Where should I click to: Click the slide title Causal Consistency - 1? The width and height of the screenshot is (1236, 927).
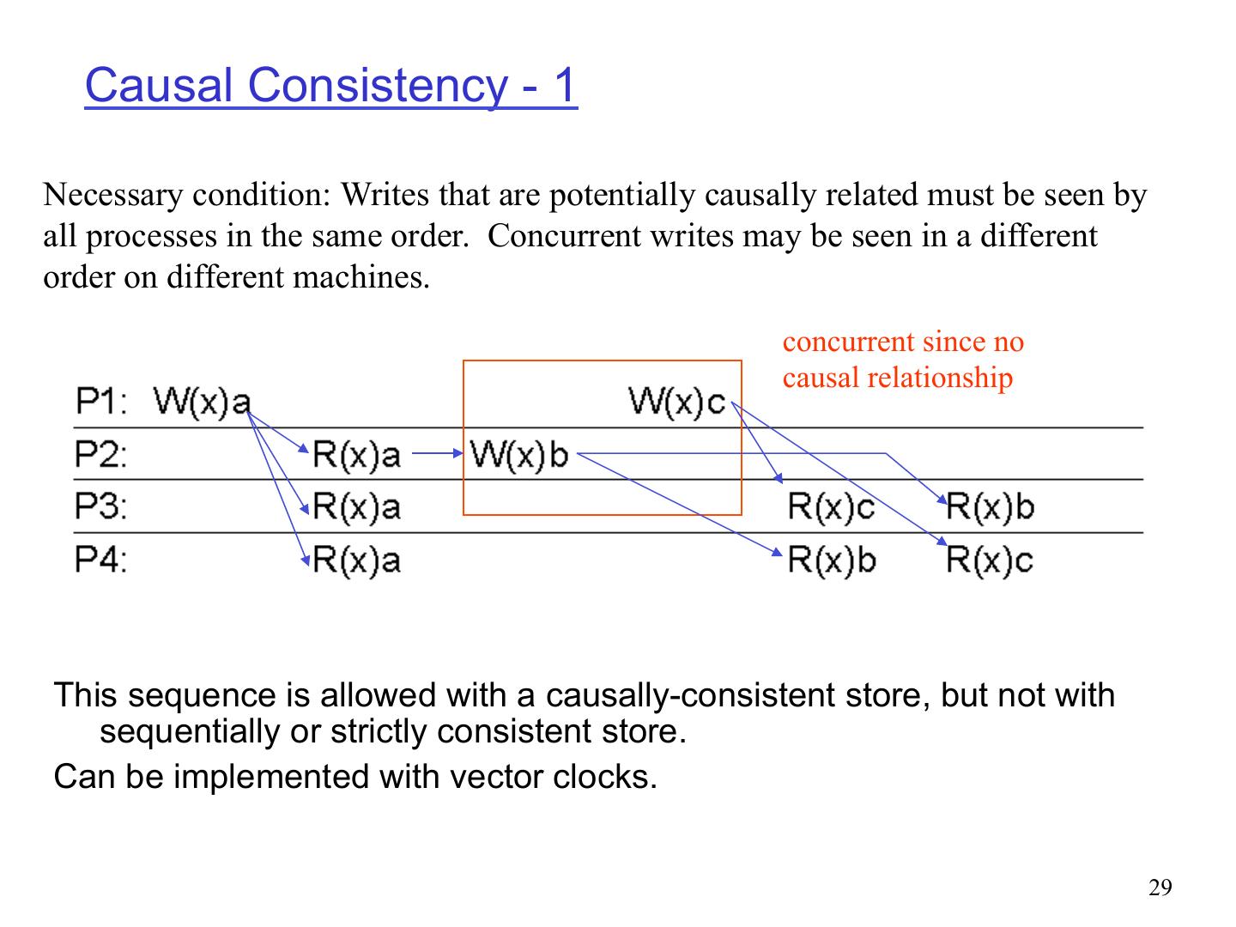pyautogui.click(x=331, y=85)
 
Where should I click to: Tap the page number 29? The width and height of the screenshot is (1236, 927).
pyautogui.click(x=1160, y=888)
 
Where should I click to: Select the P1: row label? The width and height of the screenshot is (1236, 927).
pyautogui.click(x=101, y=401)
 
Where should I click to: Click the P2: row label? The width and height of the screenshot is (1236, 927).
pyautogui.click(x=101, y=454)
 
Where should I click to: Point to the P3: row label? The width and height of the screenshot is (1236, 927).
pyautogui.click(x=101, y=507)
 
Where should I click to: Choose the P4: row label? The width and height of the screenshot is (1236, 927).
pyautogui.click(x=101, y=560)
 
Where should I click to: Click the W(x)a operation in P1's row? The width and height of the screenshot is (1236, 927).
pyautogui.click(x=202, y=401)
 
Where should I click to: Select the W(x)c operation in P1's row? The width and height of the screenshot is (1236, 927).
pyautogui.click(x=677, y=401)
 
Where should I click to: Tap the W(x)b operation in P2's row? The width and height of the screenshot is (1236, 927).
pyautogui.click(x=519, y=454)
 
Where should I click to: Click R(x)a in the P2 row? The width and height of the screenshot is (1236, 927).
pyautogui.click(x=356, y=454)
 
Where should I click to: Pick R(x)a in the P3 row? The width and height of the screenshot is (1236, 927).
pyautogui.click(x=356, y=507)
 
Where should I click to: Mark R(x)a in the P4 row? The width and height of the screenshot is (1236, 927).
pyautogui.click(x=356, y=560)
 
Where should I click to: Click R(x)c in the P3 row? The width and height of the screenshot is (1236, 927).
pyautogui.click(x=831, y=507)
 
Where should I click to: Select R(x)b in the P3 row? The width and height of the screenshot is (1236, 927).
pyautogui.click(x=990, y=507)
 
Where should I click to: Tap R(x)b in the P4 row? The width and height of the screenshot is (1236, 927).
pyautogui.click(x=831, y=560)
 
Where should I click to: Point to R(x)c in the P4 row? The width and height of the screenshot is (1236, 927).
pyautogui.click(x=990, y=560)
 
